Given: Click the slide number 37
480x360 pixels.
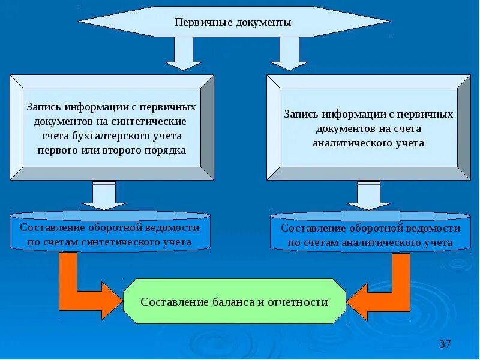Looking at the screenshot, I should click(445, 344).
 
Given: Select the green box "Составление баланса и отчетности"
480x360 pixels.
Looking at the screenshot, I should click(234, 302).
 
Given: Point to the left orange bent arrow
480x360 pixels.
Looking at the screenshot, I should click(81, 288).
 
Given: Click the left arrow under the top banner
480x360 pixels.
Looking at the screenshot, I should click(183, 53).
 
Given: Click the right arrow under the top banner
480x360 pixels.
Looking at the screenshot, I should click(289, 53).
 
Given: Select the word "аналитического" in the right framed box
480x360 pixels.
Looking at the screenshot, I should click(349, 143).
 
